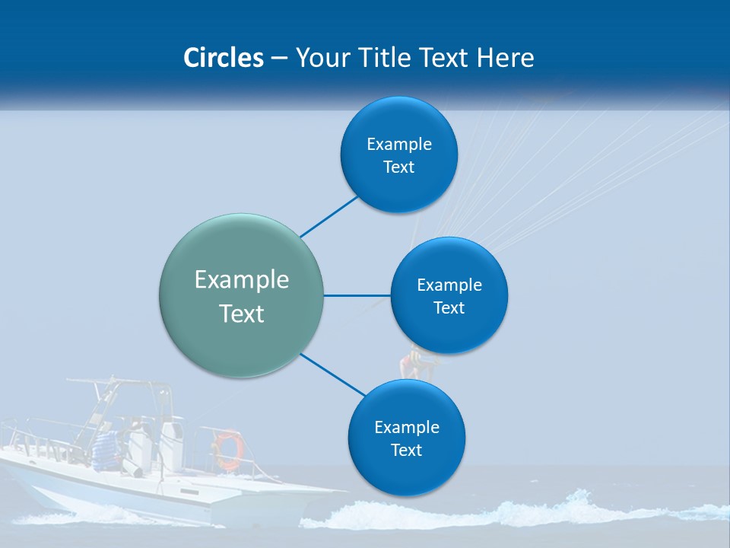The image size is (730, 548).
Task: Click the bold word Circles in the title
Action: click(223, 58)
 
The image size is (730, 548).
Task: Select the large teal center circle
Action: click(242, 296)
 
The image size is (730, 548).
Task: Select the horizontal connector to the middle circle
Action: click(357, 295)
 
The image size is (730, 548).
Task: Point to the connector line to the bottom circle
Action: click(333, 374)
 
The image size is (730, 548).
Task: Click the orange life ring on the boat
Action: click(227, 449)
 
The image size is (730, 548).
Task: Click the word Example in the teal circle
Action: click(242, 279)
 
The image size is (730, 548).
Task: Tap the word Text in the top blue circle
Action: click(398, 167)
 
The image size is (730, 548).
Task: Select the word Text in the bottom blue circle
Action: click(406, 450)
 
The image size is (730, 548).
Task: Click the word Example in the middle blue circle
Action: click(449, 285)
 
